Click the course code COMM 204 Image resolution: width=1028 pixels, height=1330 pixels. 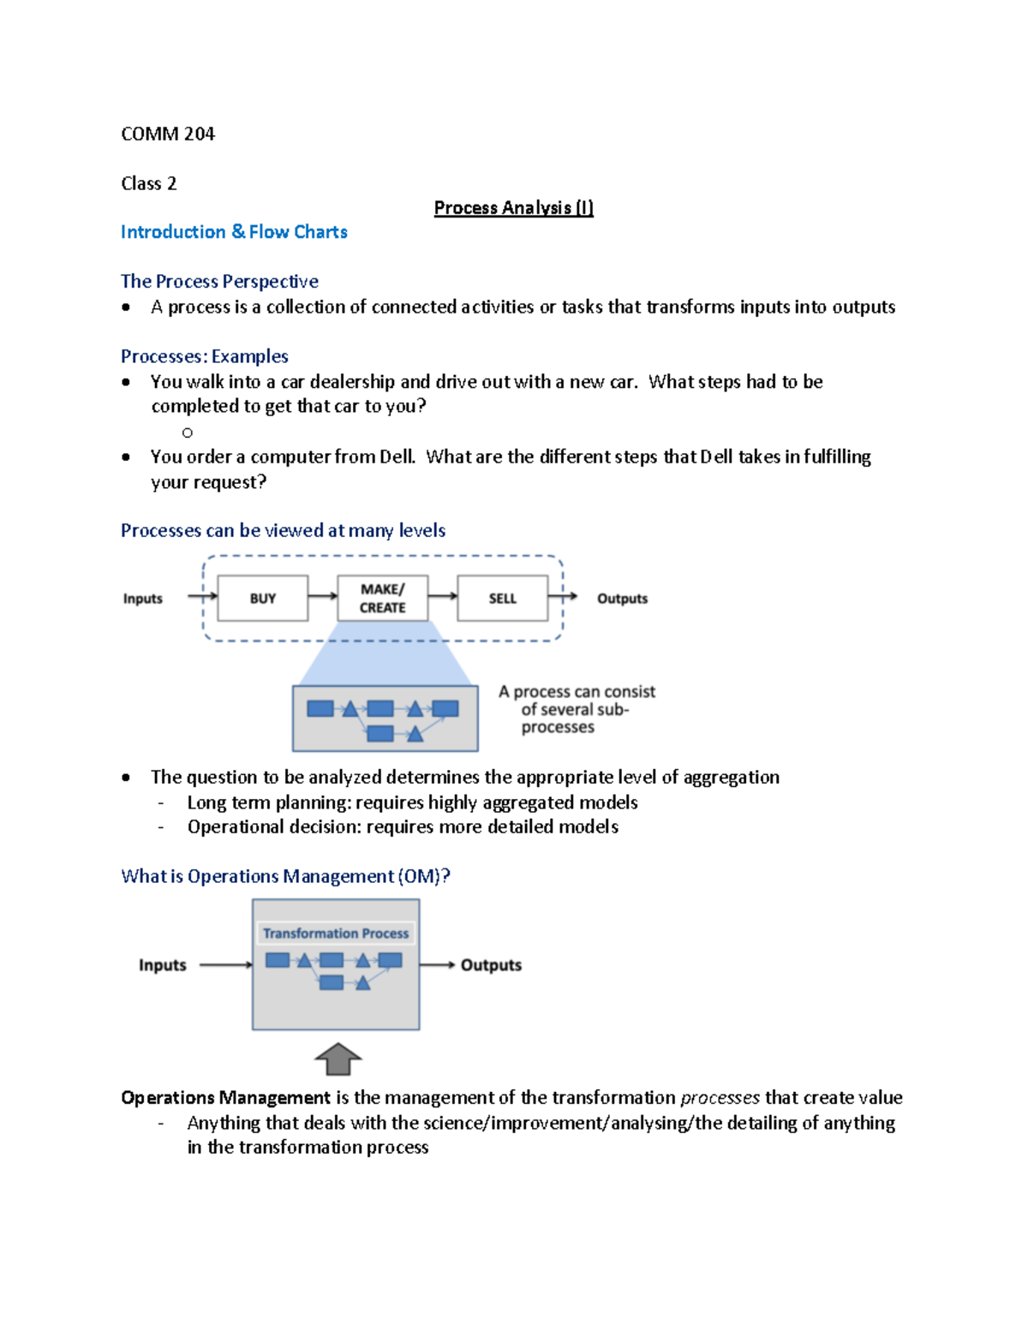(168, 134)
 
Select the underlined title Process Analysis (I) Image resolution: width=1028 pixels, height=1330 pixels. (513, 208)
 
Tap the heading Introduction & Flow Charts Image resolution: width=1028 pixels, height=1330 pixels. (234, 232)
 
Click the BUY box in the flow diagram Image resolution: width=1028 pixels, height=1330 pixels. (263, 598)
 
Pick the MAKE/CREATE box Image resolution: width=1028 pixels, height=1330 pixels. (382, 598)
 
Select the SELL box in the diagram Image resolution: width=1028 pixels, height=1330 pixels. (502, 598)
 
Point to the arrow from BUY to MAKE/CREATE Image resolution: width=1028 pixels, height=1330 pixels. (322, 596)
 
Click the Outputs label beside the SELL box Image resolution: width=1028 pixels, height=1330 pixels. (622, 599)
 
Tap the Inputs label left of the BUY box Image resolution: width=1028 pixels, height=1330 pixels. (142, 599)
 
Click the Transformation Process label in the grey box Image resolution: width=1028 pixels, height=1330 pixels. (336, 933)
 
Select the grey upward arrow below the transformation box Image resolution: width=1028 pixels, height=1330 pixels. (338, 1059)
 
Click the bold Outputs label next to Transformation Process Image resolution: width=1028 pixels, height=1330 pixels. (491, 965)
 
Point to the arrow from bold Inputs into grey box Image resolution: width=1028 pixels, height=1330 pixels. (225, 965)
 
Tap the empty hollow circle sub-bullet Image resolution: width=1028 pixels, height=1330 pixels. (188, 432)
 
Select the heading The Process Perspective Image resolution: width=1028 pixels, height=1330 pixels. (219, 282)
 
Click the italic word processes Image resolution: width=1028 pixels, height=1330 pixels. (720, 1098)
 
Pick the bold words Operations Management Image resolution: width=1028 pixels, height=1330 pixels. (225, 1098)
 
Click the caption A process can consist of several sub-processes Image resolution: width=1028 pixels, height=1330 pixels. (577, 709)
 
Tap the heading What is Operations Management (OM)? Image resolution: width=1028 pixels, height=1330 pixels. (285, 876)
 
